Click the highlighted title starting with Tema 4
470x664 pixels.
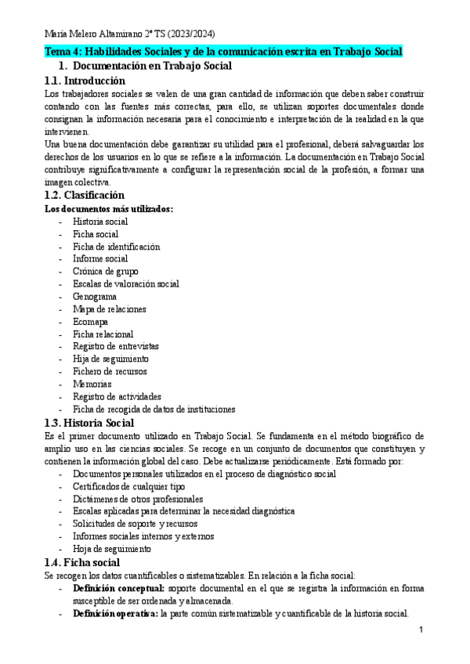223,52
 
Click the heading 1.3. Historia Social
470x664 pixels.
89,423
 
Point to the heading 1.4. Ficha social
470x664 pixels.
81,562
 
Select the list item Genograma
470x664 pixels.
95,297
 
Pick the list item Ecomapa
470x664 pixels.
91,322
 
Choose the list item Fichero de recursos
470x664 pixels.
110,371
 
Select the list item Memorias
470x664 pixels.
92,384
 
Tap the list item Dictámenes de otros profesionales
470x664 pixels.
138,498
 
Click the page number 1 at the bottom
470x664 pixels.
421,630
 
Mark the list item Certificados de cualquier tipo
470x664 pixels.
128,486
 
